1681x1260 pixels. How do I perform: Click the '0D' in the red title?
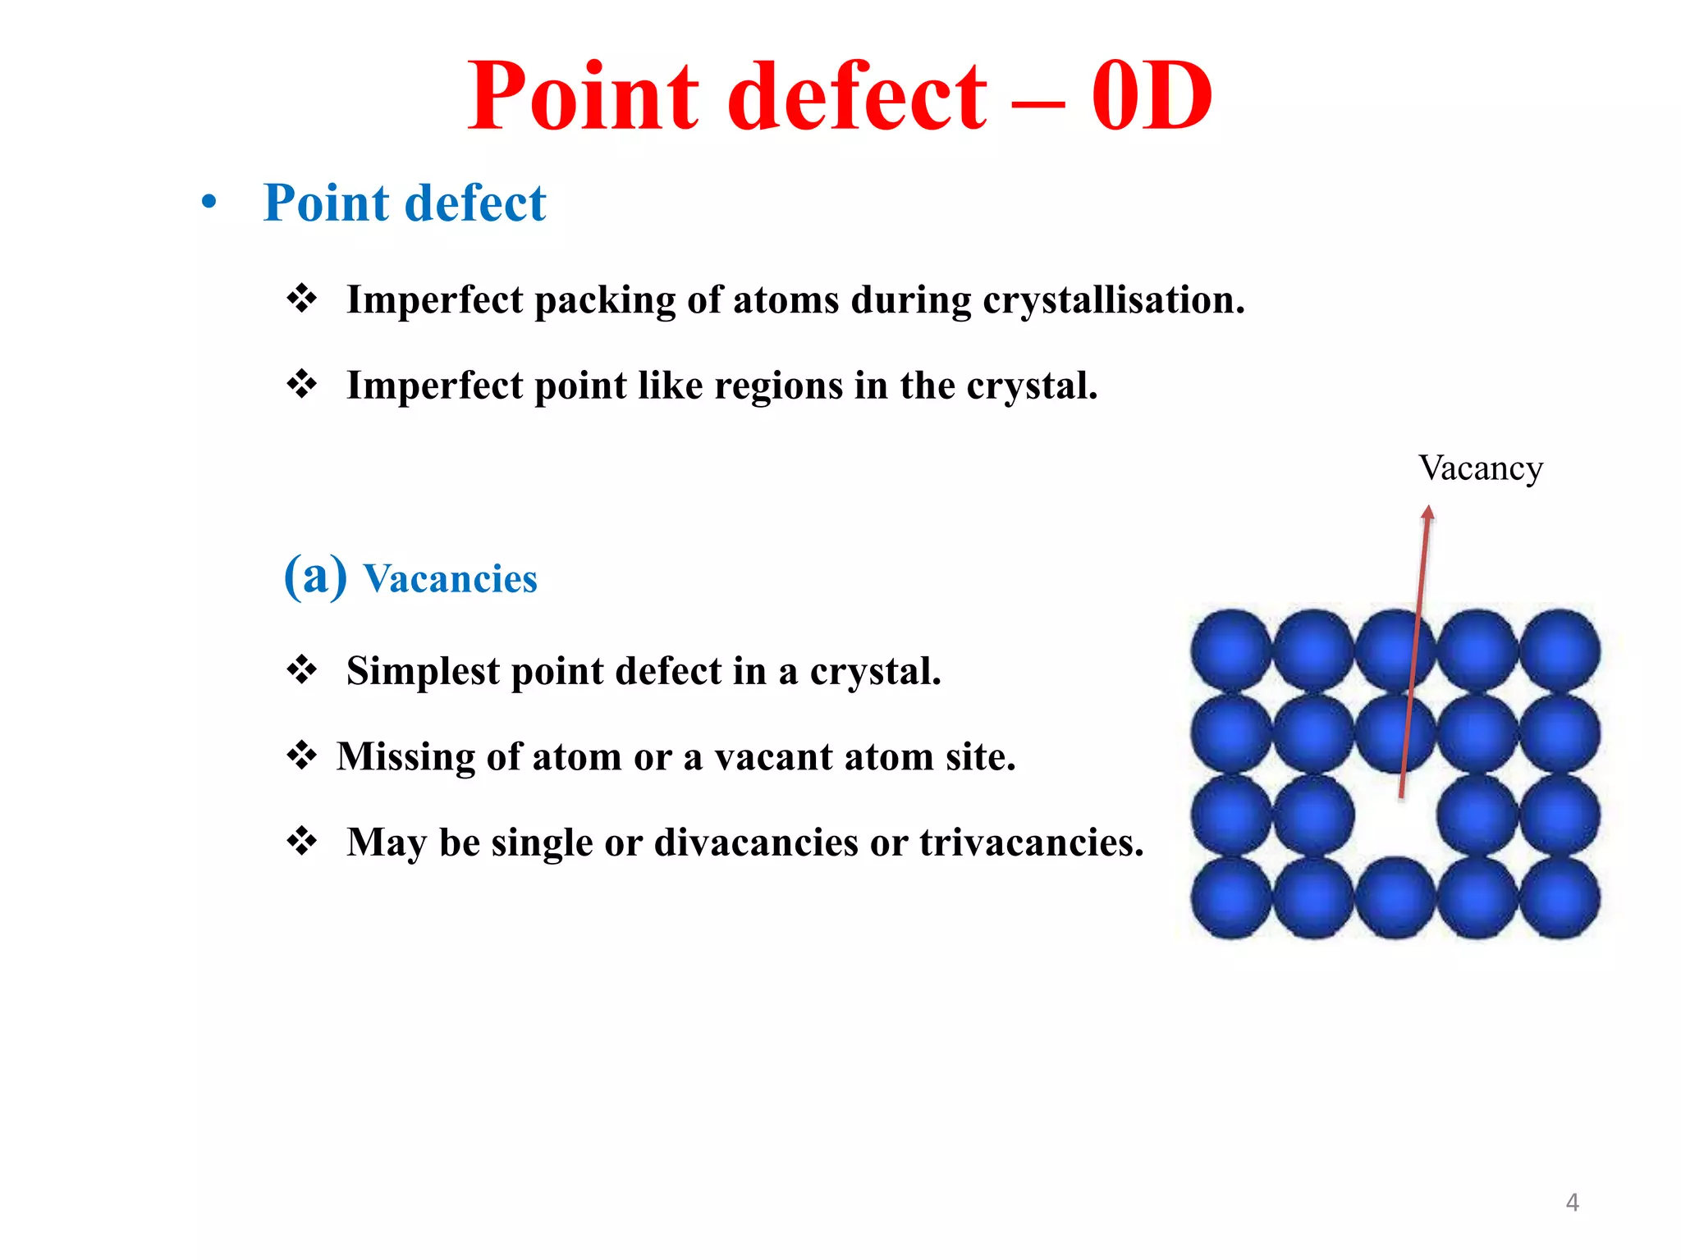[1151, 97]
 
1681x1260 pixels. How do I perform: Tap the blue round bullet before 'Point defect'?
[209, 201]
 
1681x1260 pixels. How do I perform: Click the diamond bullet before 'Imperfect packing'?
[301, 299]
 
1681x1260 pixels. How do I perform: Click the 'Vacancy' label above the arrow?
[1480, 468]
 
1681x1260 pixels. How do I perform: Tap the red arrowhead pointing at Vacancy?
[1427, 514]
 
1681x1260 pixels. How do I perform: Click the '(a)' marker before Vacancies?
[315, 576]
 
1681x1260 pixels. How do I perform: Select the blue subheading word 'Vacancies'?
[450, 579]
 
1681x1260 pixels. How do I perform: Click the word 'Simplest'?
[423, 671]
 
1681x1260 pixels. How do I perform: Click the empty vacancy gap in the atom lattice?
[1395, 816]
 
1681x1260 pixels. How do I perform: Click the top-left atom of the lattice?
[1231, 650]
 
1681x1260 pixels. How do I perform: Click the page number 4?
[1572, 1203]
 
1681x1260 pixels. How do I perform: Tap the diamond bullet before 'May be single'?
[301, 841]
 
